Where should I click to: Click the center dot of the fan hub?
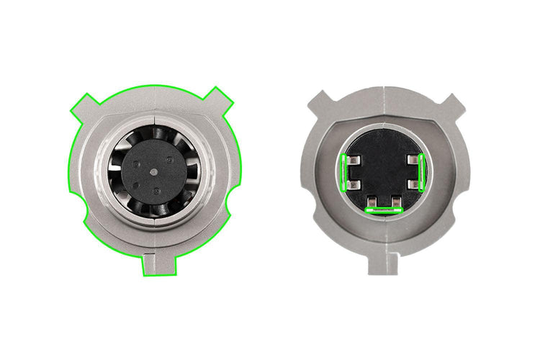(156, 174)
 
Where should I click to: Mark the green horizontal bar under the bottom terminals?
(383, 210)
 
